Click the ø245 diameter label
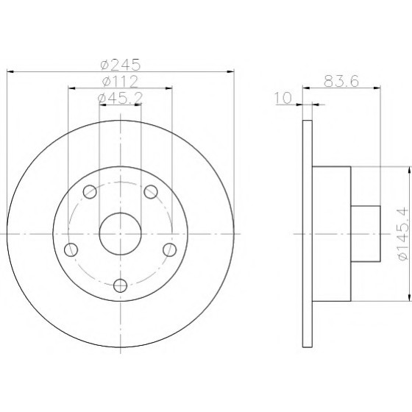(x=121, y=65)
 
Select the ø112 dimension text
(x=120, y=82)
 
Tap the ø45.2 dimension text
(x=120, y=98)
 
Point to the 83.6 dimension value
(x=341, y=81)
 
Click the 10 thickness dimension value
(x=283, y=98)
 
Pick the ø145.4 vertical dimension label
(x=403, y=234)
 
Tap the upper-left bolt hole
(x=90, y=191)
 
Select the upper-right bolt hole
(x=151, y=191)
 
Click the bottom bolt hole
(x=121, y=285)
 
